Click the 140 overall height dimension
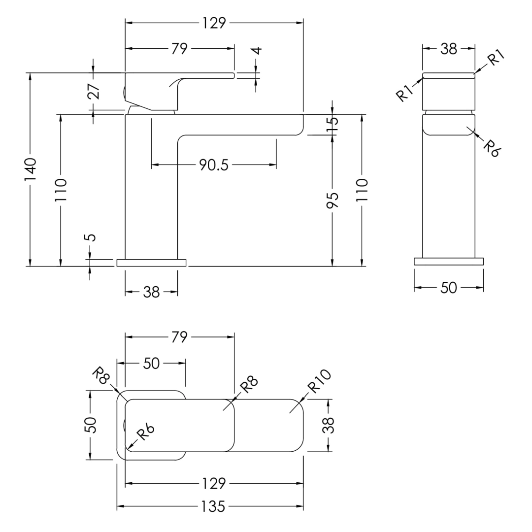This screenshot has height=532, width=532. (x=31, y=169)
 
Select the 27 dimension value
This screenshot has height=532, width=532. (x=94, y=92)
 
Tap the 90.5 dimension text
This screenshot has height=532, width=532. (x=214, y=165)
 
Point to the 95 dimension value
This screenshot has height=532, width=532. (x=332, y=200)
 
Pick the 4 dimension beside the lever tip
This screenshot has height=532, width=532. (x=256, y=50)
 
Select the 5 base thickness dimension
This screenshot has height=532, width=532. (x=90, y=237)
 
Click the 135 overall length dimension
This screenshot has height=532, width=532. (x=213, y=506)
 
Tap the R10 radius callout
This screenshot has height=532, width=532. (x=319, y=381)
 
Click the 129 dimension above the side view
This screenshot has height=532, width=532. (x=214, y=23)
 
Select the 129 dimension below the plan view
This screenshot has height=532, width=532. (x=213, y=484)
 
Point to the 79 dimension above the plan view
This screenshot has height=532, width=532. (x=179, y=337)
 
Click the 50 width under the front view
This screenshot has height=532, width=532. (x=448, y=288)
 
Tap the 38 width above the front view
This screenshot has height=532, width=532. (x=448, y=49)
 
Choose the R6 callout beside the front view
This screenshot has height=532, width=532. (x=491, y=147)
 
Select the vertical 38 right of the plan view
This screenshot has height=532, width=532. (x=330, y=425)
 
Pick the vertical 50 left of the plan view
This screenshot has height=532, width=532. (x=91, y=425)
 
